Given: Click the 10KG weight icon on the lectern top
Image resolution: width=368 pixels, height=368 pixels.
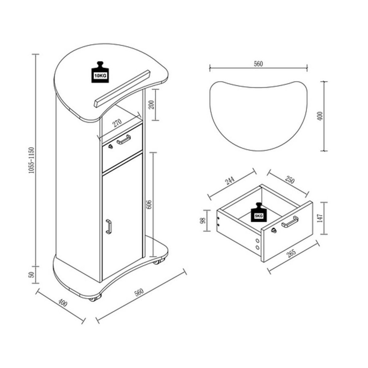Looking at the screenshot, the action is tap(100, 72).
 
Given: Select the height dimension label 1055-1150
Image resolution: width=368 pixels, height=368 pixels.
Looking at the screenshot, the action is tap(32, 160).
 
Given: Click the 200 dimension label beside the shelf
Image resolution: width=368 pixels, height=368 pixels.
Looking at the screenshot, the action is tap(151, 104).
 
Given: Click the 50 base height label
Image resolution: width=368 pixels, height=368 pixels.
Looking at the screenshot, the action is tap(32, 275).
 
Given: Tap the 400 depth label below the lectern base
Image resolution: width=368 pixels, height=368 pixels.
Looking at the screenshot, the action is tap(63, 303).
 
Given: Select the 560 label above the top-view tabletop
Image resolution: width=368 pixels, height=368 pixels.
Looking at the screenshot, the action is tap(258, 64).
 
